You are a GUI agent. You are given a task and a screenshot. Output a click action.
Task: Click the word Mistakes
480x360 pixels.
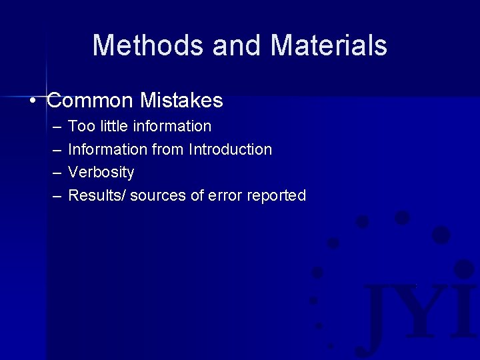[181, 101]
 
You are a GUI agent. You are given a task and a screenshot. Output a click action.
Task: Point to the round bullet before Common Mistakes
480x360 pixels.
[33, 101]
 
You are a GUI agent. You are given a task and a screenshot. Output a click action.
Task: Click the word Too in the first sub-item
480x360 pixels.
[80, 126]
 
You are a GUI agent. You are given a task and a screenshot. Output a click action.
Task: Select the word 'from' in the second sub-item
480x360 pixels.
[167, 149]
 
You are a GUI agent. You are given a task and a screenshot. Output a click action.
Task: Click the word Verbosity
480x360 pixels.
[101, 173]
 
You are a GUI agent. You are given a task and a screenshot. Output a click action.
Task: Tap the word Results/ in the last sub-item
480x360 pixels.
[97, 196]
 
